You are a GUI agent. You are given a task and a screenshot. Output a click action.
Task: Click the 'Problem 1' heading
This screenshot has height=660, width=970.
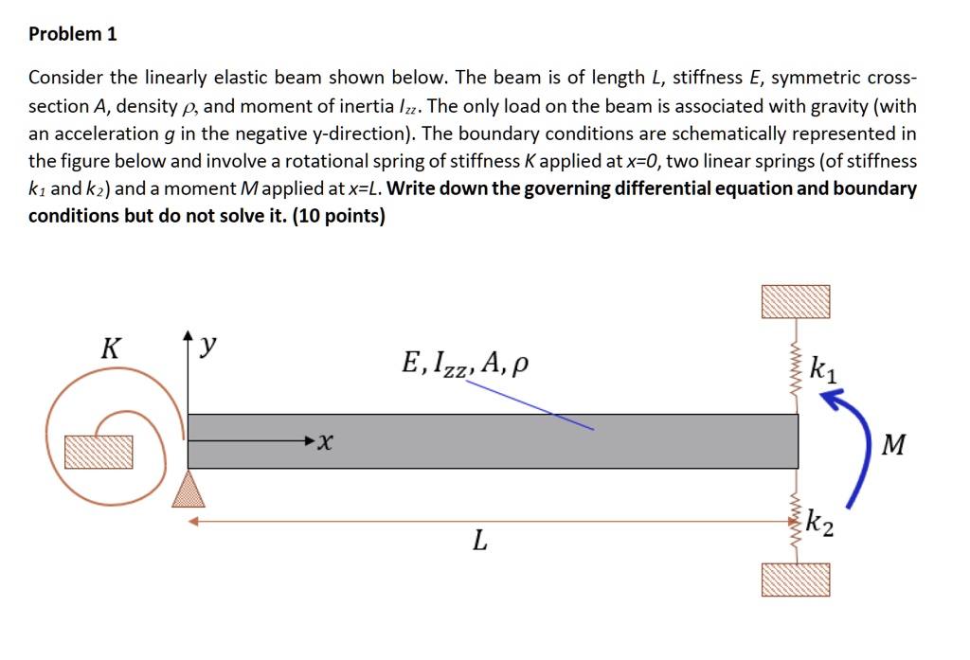coord(73,34)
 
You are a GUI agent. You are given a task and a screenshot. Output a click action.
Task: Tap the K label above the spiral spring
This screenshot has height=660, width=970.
coord(111,348)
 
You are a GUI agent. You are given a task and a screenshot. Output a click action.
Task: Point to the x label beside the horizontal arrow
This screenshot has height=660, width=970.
coord(327,441)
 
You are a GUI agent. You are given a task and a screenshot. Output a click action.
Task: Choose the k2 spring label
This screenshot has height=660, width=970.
coord(820,524)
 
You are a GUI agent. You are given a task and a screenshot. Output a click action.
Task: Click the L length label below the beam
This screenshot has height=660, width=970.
coord(480,543)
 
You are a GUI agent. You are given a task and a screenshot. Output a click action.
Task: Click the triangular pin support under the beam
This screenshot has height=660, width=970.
coord(188,489)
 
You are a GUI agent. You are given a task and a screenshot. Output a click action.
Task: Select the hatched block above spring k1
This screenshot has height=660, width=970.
coord(796,301)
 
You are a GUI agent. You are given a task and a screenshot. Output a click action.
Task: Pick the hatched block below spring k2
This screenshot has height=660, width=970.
coord(796,579)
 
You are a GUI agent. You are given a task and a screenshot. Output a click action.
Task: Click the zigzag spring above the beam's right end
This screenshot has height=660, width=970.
coord(796,366)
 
